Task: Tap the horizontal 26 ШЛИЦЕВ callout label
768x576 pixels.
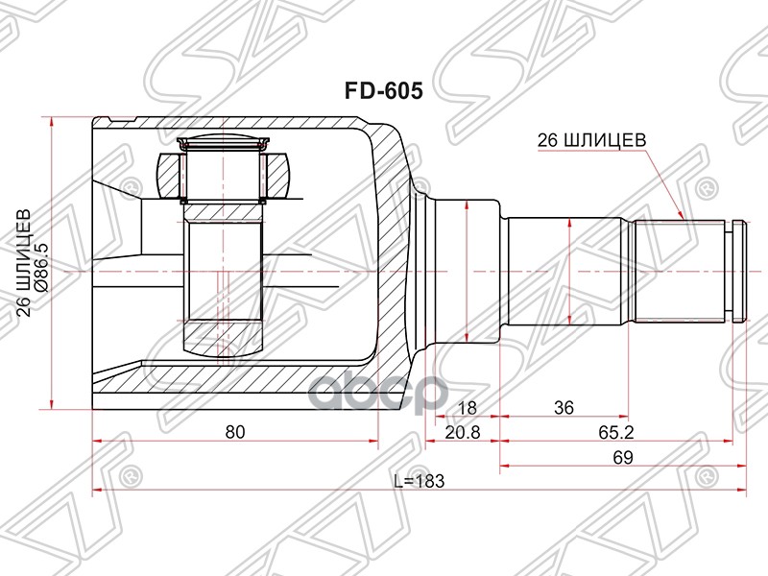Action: [x=590, y=140]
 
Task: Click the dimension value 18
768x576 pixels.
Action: [x=469, y=407]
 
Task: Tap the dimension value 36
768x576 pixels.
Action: [x=564, y=407]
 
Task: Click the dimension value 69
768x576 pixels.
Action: [x=622, y=459]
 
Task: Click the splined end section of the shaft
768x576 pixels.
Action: [x=682, y=272]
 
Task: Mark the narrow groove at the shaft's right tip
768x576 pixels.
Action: [x=737, y=272]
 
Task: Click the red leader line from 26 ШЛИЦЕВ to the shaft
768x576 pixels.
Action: [x=662, y=182]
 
